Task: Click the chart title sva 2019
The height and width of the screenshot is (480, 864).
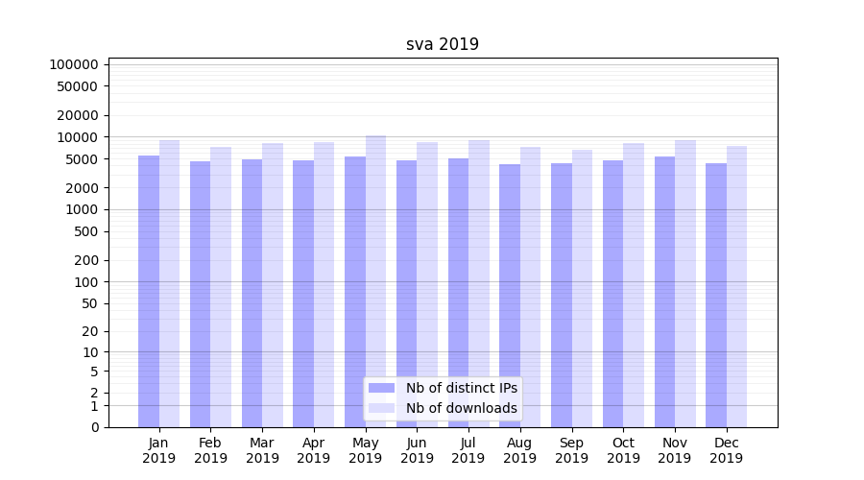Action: point(443,44)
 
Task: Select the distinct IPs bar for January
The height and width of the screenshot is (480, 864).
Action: point(149,288)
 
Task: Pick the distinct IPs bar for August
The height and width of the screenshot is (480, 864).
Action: point(510,288)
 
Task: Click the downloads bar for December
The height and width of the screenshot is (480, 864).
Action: point(737,288)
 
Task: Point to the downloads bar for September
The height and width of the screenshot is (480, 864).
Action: point(582,288)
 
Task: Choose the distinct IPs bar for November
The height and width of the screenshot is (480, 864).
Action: point(664,288)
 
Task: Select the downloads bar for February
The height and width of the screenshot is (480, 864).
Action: point(221,288)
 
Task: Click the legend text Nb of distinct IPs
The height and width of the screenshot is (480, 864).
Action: point(461,388)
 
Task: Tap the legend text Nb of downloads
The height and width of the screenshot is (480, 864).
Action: point(461,408)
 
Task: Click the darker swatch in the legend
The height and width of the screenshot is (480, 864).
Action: point(382,388)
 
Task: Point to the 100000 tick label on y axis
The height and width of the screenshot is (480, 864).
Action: point(74,64)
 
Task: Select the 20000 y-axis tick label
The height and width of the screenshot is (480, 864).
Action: point(78,115)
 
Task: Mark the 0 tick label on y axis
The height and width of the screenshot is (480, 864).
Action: point(94,427)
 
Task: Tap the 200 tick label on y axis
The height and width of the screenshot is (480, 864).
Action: point(87,260)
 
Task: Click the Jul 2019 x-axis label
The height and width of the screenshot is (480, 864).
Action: point(468,450)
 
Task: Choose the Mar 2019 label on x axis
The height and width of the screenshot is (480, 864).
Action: point(262,450)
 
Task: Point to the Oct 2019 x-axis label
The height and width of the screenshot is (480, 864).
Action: point(623,450)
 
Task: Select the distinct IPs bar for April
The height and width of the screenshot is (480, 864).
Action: point(303,288)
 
